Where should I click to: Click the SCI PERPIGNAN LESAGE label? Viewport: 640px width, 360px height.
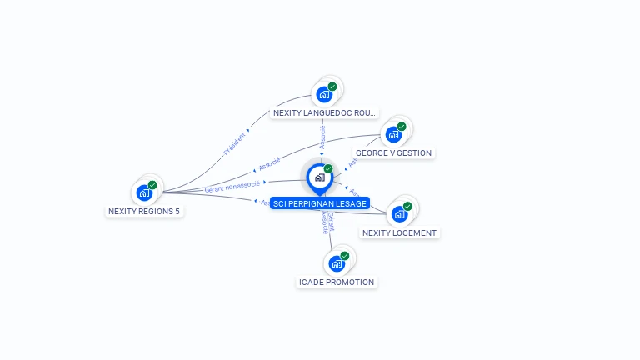(x=320, y=203)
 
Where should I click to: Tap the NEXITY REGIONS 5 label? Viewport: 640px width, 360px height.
(x=144, y=211)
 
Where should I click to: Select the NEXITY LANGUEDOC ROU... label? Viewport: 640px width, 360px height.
(x=325, y=112)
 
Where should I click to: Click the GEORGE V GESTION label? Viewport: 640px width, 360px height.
(x=393, y=152)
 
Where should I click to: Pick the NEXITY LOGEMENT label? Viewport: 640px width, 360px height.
(x=399, y=232)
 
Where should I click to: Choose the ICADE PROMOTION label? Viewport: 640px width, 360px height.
(x=337, y=282)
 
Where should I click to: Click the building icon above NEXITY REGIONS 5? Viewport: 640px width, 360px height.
(x=144, y=192)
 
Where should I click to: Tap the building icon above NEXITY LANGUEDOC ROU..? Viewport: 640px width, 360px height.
(x=324, y=94)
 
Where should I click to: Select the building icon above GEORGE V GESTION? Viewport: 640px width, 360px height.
(x=393, y=134)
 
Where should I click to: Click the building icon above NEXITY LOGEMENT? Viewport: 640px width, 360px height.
(x=399, y=214)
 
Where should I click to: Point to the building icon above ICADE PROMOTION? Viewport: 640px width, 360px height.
(x=337, y=263)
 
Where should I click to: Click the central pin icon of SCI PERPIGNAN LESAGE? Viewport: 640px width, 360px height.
(x=319, y=177)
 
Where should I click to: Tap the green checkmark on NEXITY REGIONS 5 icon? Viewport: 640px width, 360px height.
(x=152, y=185)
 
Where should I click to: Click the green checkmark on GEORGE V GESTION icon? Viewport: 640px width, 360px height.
(x=402, y=127)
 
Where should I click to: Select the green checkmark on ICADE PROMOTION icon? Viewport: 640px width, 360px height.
(x=345, y=256)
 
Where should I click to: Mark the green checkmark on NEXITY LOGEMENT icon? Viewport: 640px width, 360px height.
(x=407, y=206)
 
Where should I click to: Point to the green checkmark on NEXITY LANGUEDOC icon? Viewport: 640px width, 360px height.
(x=332, y=87)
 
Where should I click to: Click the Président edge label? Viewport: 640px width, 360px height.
(x=235, y=143)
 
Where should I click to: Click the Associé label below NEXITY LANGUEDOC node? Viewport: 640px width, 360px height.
(x=323, y=137)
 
